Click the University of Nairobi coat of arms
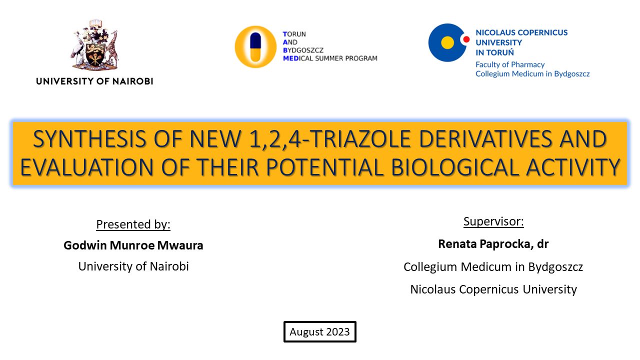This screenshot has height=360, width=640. (x=94, y=45)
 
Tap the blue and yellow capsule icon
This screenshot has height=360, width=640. (x=255, y=47)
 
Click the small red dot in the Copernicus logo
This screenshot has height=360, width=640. (x=466, y=39)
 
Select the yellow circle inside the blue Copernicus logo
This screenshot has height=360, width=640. (x=447, y=43)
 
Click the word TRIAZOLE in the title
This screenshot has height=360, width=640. (x=359, y=139)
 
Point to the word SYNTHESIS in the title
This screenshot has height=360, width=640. (x=89, y=139)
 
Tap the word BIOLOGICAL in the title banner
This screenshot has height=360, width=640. (x=454, y=167)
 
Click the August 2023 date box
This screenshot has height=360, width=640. (x=319, y=331)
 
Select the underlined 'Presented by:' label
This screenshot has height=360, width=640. (x=133, y=224)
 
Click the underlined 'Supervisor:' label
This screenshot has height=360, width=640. (x=493, y=221)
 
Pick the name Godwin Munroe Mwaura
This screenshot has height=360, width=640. (x=133, y=245)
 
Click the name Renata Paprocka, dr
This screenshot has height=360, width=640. (x=493, y=244)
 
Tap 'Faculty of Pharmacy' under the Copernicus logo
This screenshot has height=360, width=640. (x=510, y=64)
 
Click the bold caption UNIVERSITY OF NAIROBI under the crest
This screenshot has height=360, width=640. (x=94, y=81)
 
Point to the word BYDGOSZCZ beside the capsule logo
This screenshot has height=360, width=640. (x=303, y=50)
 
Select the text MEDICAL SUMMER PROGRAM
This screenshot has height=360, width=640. (x=330, y=58)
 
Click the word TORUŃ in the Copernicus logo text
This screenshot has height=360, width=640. (x=500, y=52)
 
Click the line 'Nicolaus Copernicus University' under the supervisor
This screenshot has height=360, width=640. (x=493, y=289)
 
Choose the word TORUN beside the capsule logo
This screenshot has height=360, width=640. (x=294, y=34)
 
